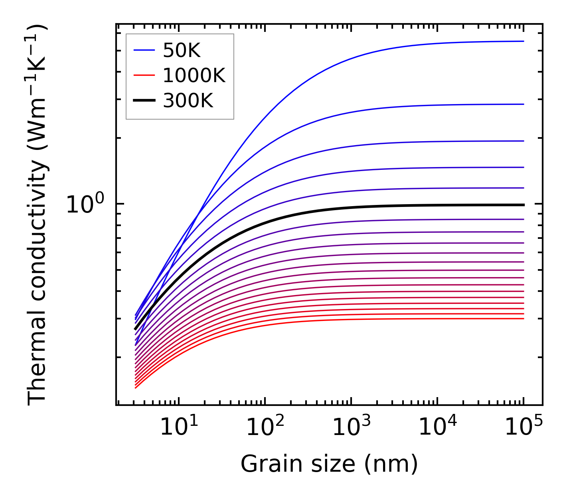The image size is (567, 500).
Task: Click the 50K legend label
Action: [x=181, y=50]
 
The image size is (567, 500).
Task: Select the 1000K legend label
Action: [x=194, y=75]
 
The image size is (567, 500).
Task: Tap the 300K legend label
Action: [x=188, y=101]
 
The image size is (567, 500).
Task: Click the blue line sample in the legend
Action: [x=144, y=50]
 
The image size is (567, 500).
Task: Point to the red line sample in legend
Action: [x=144, y=75]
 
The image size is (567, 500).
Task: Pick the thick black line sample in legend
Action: [x=144, y=101]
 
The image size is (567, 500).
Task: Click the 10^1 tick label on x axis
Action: [x=178, y=427]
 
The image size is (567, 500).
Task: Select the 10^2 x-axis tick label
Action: [x=265, y=427]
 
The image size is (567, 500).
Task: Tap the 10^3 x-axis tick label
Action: [x=351, y=427]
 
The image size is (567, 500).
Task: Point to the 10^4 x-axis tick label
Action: [x=437, y=427]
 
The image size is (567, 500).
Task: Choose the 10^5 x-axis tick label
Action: [x=524, y=427]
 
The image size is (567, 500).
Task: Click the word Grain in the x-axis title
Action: [x=264, y=464]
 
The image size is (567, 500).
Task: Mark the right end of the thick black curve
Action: [x=524, y=205]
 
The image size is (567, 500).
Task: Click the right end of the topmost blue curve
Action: [x=524, y=41]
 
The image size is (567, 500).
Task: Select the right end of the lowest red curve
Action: [x=524, y=319]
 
